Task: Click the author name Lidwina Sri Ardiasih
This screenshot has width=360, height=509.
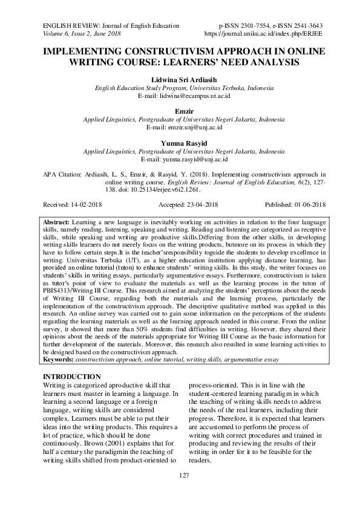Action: tap(180, 80)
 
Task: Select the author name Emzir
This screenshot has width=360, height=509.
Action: tap(180, 112)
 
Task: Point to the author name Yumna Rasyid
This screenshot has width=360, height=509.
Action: tap(180, 144)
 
